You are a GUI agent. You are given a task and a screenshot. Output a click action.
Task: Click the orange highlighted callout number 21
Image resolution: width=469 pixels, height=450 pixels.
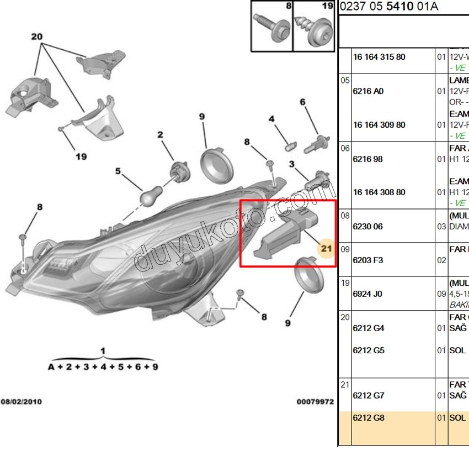[x=326, y=249]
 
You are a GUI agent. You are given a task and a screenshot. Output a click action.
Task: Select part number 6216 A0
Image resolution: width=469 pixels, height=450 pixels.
[x=368, y=91]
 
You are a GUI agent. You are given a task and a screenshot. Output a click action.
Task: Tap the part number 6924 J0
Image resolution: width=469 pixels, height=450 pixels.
[x=367, y=294]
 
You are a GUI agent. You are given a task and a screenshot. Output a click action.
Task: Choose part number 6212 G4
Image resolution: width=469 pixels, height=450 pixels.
[x=369, y=328]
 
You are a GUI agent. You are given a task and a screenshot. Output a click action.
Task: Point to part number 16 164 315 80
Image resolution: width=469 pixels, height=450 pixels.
[x=379, y=57]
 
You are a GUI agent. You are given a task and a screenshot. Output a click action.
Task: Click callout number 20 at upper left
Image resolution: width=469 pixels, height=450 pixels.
[x=37, y=37]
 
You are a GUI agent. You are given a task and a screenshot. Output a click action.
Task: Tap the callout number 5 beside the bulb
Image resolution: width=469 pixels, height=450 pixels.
[x=118, y=171]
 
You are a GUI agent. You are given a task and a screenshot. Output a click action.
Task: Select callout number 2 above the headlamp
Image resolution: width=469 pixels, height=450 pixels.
[x=160, y=134]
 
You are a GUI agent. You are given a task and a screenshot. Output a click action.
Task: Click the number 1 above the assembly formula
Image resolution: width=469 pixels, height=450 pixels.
[x=103, y=350]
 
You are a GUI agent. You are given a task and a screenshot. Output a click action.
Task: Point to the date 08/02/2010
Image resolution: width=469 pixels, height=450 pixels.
[x=21, y=402]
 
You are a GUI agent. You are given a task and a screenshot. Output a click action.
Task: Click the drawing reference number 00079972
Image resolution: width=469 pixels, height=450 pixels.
[x=315, y=402]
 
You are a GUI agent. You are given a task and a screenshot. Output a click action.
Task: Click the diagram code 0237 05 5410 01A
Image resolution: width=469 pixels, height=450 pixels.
[x=388, y=7]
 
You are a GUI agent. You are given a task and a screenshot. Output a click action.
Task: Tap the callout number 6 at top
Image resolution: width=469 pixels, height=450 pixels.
[x=302, y=102]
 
